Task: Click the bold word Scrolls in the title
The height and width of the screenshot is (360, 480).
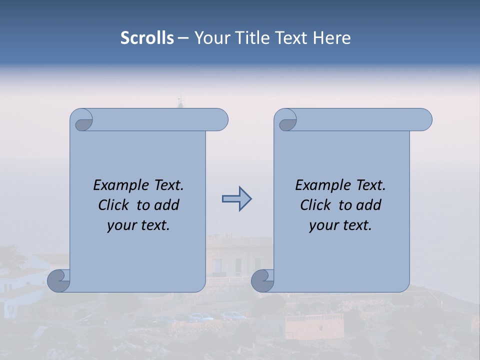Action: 147,38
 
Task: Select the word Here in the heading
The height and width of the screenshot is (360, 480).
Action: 332,38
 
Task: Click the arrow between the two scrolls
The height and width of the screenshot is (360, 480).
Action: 236,199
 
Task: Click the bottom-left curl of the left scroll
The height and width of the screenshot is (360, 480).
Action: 59,280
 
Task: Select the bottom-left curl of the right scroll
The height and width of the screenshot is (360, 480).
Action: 262,280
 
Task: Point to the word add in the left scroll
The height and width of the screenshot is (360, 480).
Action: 167,205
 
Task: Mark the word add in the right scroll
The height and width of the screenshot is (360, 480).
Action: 369,205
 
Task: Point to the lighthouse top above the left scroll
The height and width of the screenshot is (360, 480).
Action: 180,101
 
